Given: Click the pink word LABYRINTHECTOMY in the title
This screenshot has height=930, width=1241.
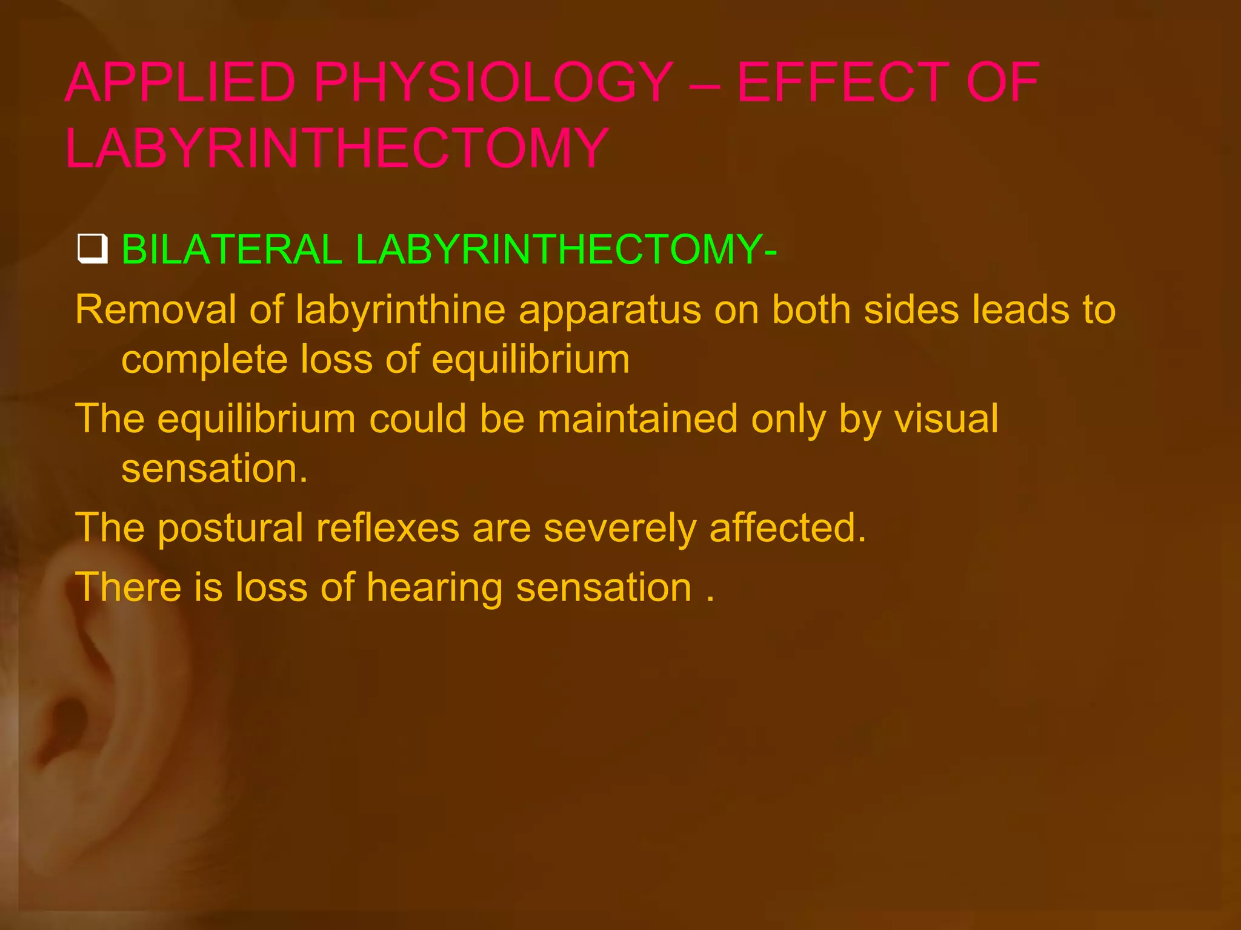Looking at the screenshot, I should (x=337, y=148).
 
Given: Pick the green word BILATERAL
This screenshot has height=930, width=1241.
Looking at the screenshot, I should (x=232, y=249).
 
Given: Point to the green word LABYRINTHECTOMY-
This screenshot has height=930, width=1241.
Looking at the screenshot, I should (x=566, y=249).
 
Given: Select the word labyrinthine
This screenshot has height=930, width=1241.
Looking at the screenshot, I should (x=401, y=310).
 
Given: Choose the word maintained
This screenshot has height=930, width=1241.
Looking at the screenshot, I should (x=637, y=419).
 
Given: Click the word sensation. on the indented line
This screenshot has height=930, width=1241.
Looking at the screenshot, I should (x=215, y=469).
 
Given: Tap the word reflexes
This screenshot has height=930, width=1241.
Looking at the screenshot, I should (x=388, y=528).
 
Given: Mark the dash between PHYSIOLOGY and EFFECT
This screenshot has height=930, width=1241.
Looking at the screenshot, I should (x=705, y=84).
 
